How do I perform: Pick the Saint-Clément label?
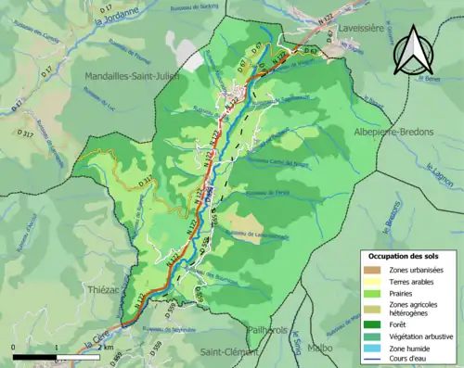pyautogui.click(x=229, y=352)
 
